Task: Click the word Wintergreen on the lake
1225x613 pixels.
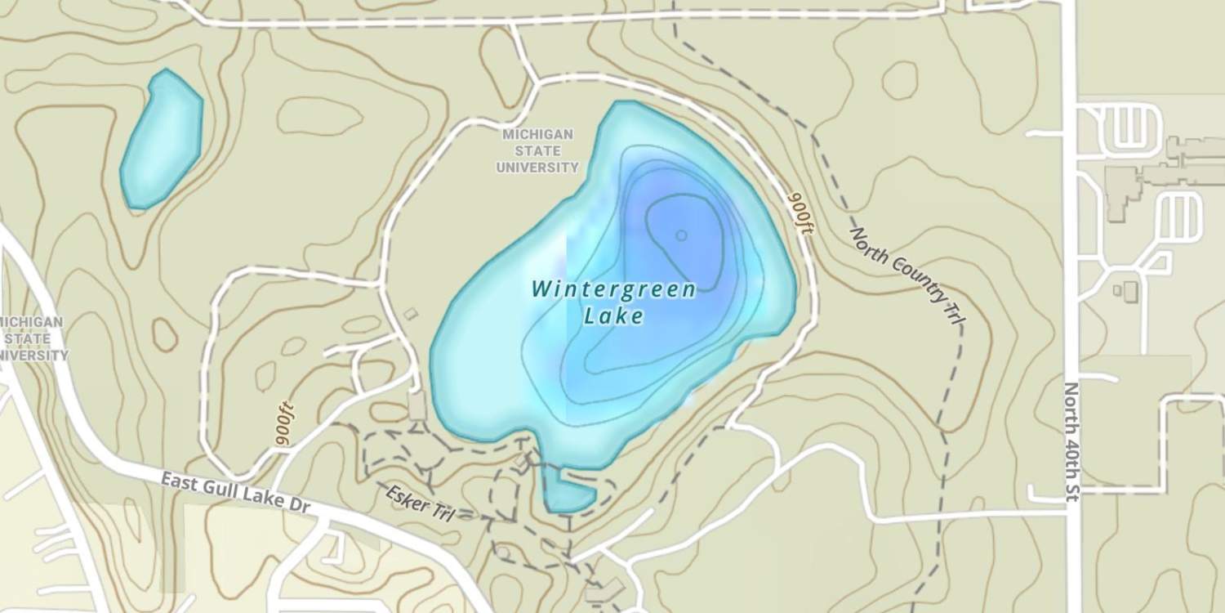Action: (613, 289)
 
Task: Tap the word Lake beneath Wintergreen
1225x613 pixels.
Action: (613, 315)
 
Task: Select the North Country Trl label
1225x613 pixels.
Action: (904, 276)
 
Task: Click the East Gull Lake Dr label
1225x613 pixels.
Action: (236, 493)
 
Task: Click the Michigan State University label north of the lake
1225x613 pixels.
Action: (537, 150)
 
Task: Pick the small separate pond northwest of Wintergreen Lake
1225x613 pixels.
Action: (161, 138)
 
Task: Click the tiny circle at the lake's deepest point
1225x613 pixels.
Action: (681, 235)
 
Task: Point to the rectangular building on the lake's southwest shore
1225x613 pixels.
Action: (417, 406)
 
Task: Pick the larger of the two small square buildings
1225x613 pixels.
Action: (1130, 291)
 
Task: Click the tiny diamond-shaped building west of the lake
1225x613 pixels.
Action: (411, 313)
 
